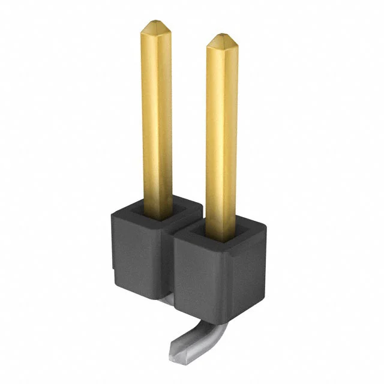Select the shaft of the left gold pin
click(157, 120)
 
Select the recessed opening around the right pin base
click(222, 235)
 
